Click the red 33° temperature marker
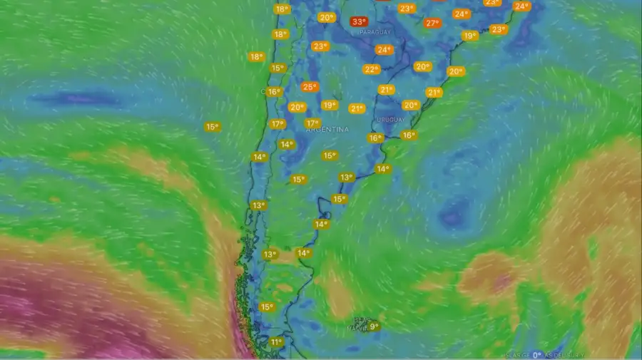click(360, 22)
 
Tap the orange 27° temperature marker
click(432, 23)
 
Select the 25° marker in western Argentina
click(309, 87)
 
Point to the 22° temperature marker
click(371, 69)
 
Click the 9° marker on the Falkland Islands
click(373, 326)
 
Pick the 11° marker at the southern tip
click(276, 342)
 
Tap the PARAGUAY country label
click(375, 33)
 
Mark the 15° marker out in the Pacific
click(212, 127)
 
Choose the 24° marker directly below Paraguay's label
click(384, 50)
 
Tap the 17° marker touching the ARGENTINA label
click(312, 123)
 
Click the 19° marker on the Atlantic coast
click(469, 36)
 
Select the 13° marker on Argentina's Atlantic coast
click(346, 177)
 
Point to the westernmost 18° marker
click(256, 57)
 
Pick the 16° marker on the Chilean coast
click(273, 92)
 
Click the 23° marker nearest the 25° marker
click(320, 46)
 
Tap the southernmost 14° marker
click(303, 253)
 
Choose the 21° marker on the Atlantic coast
click(434, 93)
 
